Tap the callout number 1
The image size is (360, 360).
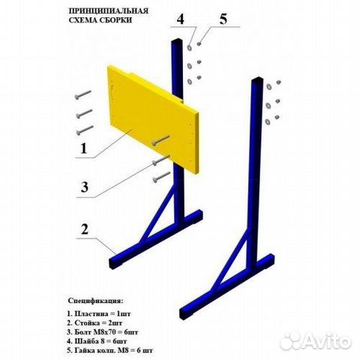click(x=83, y=148)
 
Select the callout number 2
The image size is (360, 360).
click(x=85, y=229)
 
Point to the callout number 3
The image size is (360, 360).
click(x=85, y=187)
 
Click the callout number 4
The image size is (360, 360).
click(x=180, y=19)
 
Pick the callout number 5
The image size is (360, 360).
click(x=223, y=19)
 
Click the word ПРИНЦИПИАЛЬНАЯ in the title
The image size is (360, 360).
click(x=108, y=11)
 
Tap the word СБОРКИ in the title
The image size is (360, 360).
click(x=116, y=20)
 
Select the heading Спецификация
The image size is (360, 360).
click(x=96, y=301)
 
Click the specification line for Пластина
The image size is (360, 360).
click(x=99, y=313)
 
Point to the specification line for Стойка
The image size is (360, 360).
click(x=94, y=322)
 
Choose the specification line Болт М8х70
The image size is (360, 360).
click(x=103, y=332)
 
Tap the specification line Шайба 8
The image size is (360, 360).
click(x=97, y=341)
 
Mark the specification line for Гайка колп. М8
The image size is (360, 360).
click(x=109, y=350)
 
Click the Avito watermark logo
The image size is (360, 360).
click(x=316, y=340)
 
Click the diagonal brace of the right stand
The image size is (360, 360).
click(x=229, y=265)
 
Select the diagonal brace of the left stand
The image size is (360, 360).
click(x=157, y=216)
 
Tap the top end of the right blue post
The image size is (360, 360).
click(x=257, y=81)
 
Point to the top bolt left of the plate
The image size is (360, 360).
click(x=83, y=94)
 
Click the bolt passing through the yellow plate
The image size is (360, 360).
click(x=160, y=140)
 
